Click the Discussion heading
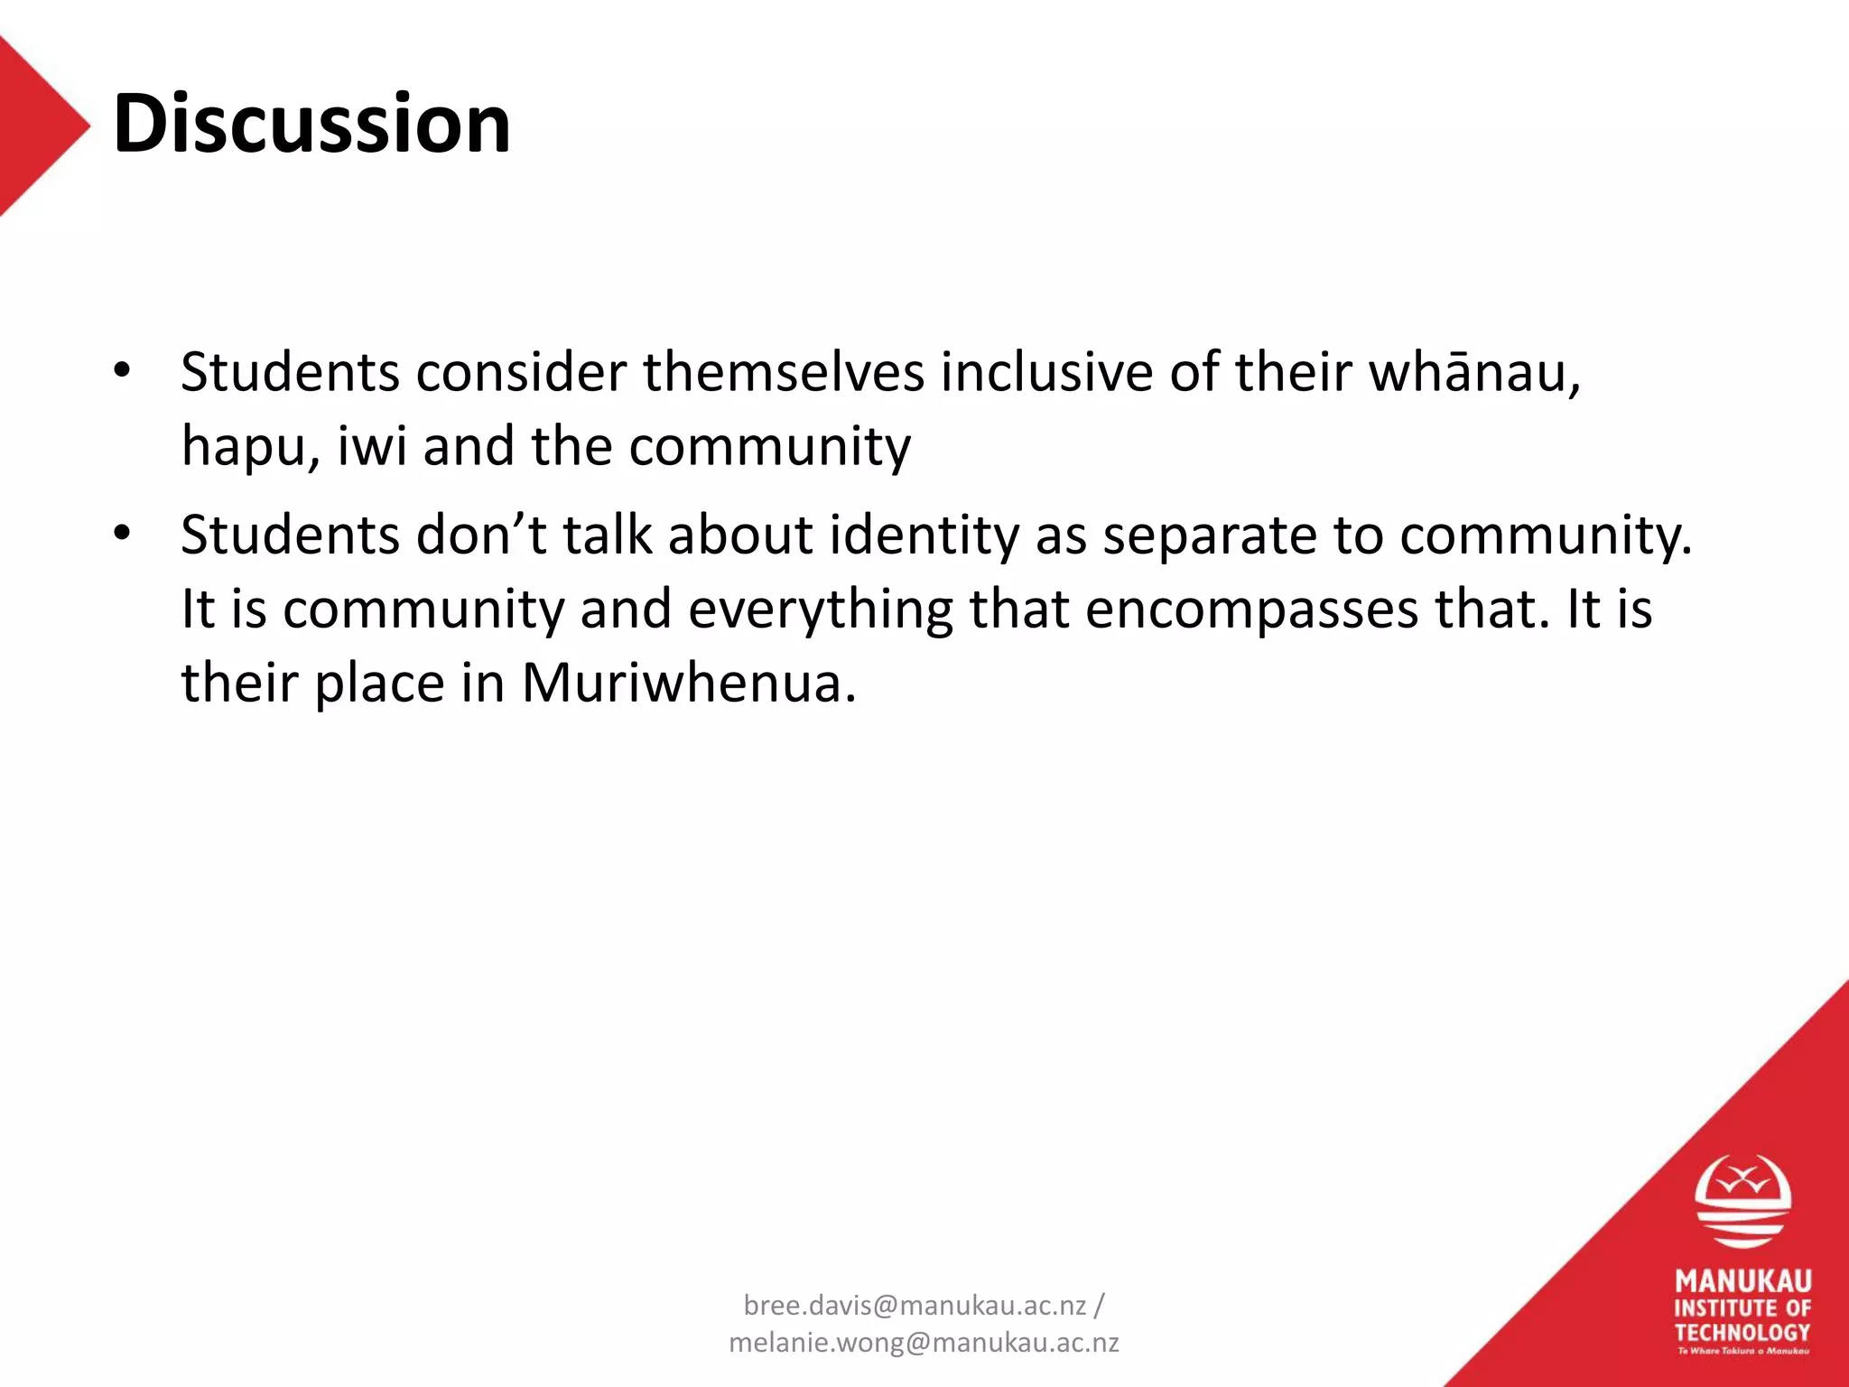[x=311, y=124]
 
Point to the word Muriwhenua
[x=688, y=682]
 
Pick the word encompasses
[x=1251, y=610]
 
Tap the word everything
[x=821, y=610]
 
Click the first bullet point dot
[x=123, y=370]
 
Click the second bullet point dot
[x=123, y=533]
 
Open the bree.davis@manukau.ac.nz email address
[x=915, y=1305]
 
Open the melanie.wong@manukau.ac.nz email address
[x=924, y=1343]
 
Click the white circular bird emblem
[x=1742, y=1201]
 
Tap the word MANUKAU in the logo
[x=1742, y=1281]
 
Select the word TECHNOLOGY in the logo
[x=1742, y=1332]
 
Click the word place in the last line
[x=379, y=682]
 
